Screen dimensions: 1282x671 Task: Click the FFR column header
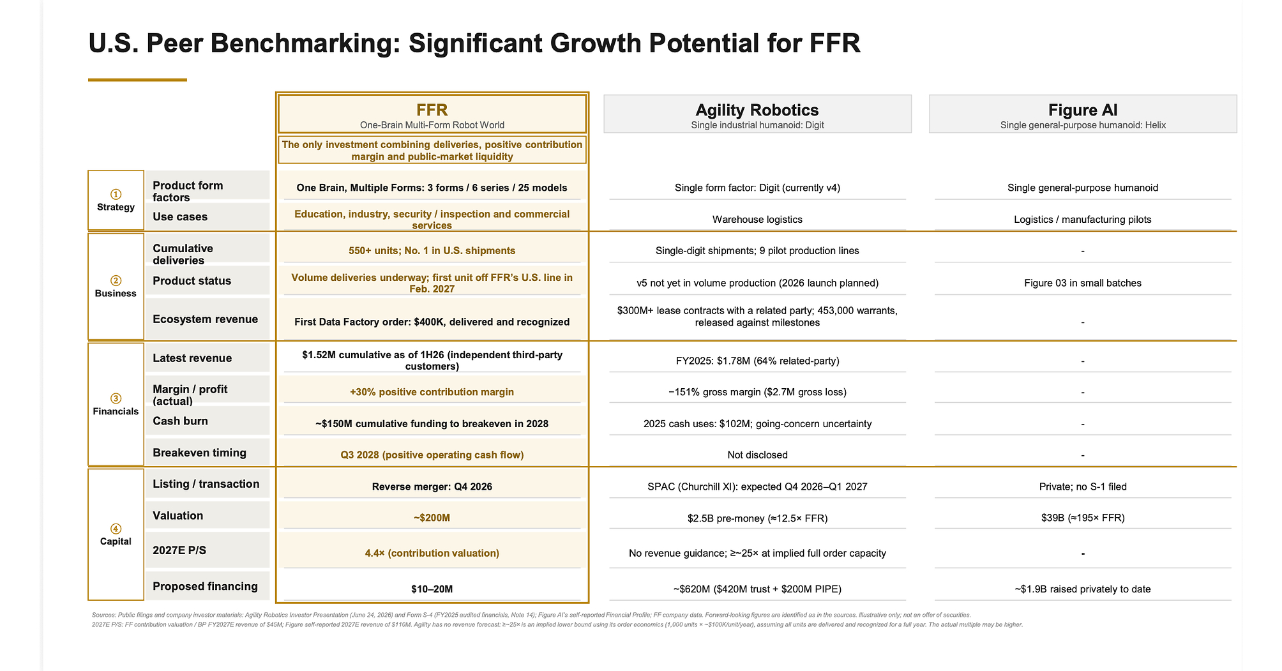(432, 114)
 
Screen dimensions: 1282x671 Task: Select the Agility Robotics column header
(757, 114)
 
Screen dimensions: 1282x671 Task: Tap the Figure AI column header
(1083, 114)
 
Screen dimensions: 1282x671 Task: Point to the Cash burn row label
(180, 421)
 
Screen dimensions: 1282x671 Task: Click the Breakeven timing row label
(199, 453)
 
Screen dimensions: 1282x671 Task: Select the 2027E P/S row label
(179, 550)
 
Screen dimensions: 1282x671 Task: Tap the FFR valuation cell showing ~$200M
(432, 518)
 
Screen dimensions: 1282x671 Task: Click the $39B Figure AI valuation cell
(1083, 518)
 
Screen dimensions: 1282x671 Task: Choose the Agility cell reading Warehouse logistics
(757, 220)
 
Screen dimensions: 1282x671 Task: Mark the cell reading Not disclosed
(757, 455)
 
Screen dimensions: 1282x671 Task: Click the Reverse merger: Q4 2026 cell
(432, 487)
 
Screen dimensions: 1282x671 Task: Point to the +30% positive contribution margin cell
(432, 392)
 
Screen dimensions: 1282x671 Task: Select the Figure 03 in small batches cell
(1083, 283)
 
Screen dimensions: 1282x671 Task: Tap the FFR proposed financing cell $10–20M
(432, 589)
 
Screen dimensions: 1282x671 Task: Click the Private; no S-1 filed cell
(1083, 487)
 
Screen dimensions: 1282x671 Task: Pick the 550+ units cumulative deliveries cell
(432, 251)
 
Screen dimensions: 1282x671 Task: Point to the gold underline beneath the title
(137, 80)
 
